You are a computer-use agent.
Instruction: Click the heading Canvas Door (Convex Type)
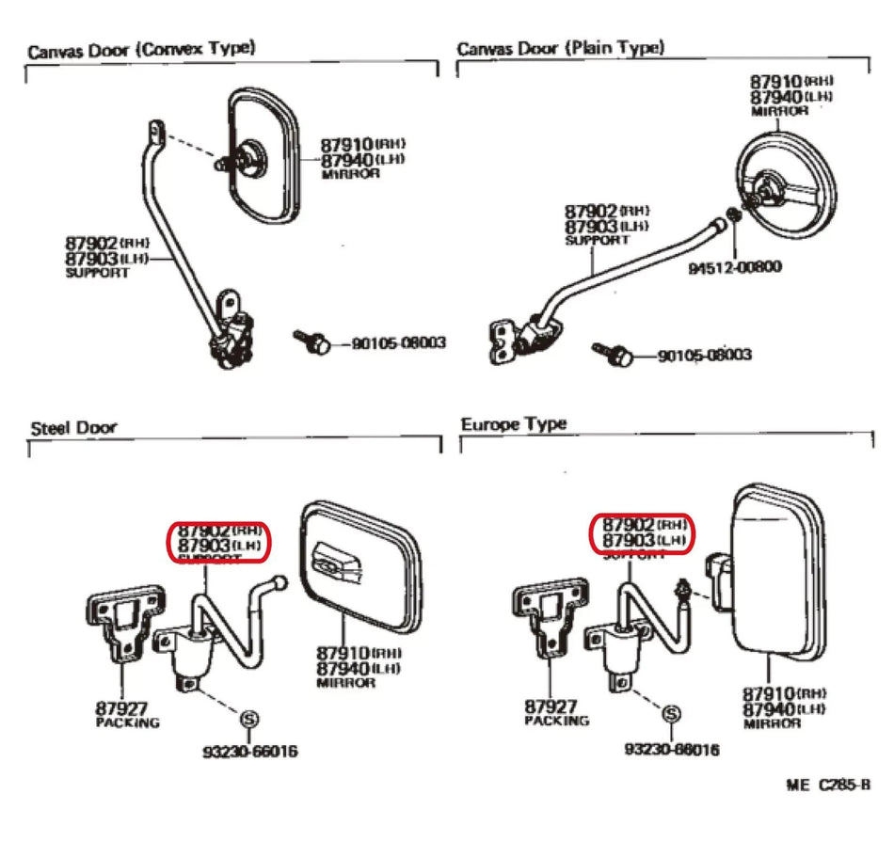[141, 50]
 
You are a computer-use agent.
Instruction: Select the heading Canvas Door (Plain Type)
[560, 48]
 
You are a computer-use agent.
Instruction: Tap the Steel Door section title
[73, 428]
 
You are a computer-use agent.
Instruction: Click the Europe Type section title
[514, 424]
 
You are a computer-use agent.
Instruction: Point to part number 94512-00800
[734, 266]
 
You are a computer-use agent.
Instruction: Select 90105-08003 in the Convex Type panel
[398, 344]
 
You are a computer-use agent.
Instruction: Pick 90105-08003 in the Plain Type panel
[704, 356]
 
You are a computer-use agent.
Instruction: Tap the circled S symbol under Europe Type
[671, 715]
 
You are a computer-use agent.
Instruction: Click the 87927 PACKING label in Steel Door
[127, 714]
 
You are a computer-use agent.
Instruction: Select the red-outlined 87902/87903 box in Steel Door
[218, 540]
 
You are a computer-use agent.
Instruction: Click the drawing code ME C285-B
[827, 785]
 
